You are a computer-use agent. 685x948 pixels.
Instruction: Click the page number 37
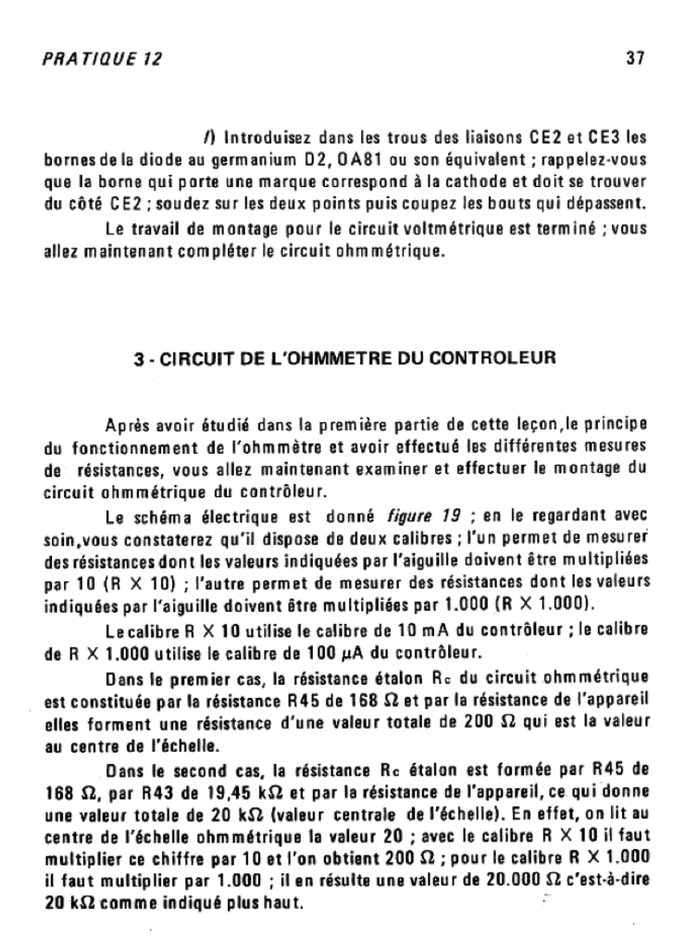point(635,58)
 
